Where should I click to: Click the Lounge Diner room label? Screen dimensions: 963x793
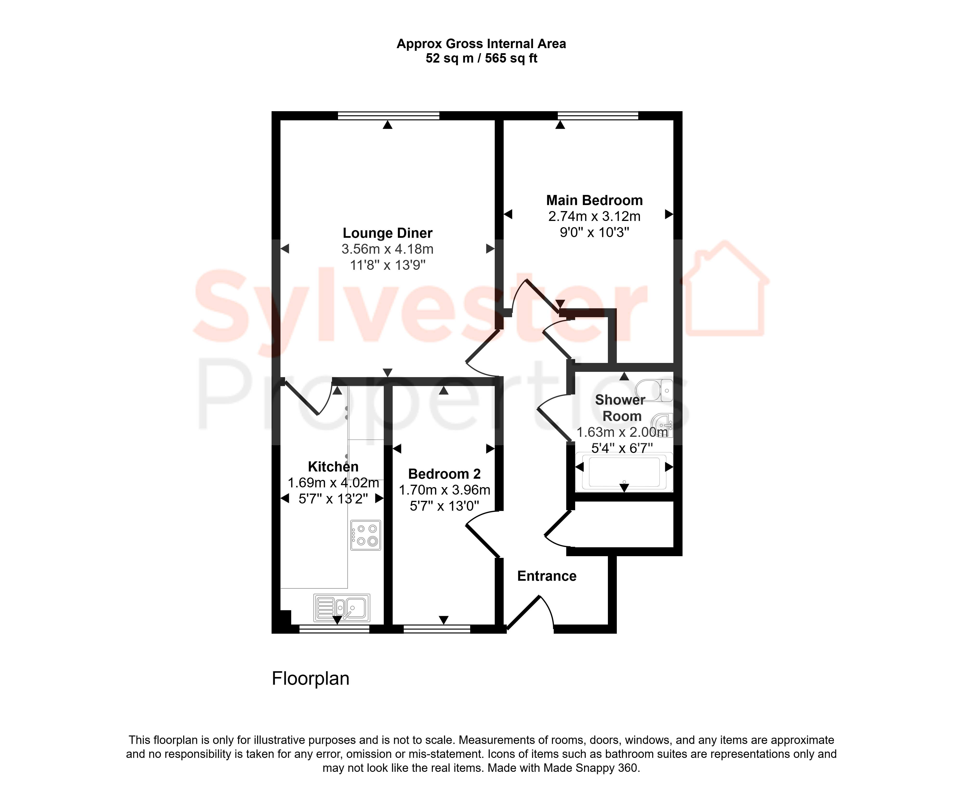coord(387,233)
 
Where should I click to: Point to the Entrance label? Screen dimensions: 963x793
coord(547,576)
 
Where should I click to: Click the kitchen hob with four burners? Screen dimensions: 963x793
coord(365,535)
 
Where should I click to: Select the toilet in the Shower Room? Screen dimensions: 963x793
coord(654,390)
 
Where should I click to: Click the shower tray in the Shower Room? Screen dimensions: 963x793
coord(624,472)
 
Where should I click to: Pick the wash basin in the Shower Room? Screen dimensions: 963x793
coord(662,425)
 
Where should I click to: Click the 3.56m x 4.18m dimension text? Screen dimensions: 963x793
coord(387,249)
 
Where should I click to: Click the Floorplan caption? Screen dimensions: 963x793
coord(311,679)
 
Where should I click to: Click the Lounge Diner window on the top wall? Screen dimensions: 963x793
coord(388,116)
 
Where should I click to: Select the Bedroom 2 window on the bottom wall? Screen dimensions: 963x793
coord(437,629)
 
